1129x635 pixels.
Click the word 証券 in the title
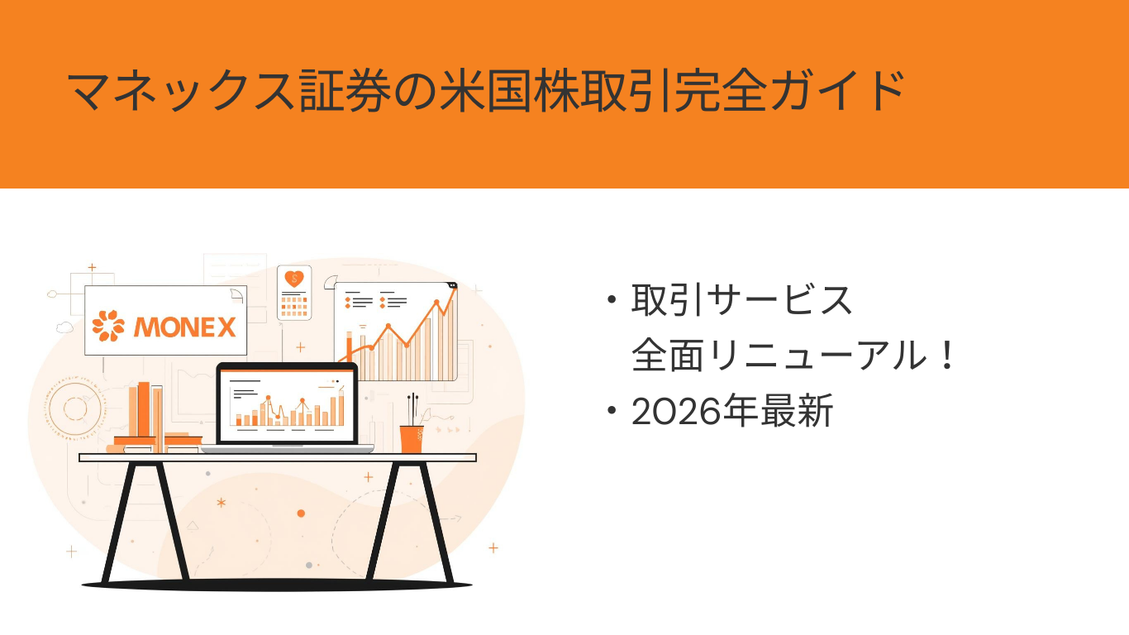tap(345, 91)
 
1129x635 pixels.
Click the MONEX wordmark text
tap(184, 327)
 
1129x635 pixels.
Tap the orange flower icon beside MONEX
tap(108, 325)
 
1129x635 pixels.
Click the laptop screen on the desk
tap(287, 404)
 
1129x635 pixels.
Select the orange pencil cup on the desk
tap(412, 439)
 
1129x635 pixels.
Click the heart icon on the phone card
tap(294, 279)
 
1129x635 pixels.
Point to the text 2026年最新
tap(731, 412)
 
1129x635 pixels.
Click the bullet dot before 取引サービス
tap(612, 300)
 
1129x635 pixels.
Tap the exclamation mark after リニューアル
tap(947, 355)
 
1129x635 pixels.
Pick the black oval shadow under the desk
tap(277, 585)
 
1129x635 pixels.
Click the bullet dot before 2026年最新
tap(612, 410)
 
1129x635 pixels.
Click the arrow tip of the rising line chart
tap(455, 286)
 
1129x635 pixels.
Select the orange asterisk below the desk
tap(221, 503)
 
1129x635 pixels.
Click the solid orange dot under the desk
tap(301, 513)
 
